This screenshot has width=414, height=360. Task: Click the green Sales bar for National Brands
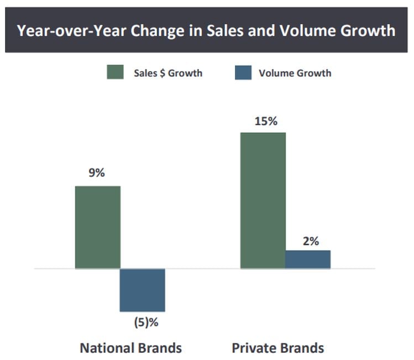[97, 227]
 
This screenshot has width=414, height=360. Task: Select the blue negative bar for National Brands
[143, 290]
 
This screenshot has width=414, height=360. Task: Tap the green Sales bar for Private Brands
[263, 200]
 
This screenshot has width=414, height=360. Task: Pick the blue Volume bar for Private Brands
[308, 259]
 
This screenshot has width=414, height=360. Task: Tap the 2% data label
[310, 241]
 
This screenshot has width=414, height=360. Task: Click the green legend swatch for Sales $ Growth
[115, 72]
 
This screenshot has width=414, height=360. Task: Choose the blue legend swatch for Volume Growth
[243, 72]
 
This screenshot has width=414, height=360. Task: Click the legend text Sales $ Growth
[167, 73]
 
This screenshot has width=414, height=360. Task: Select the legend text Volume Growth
[295, 73]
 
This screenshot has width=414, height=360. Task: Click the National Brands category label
[131, 348]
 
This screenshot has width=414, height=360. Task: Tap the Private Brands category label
[277, 348]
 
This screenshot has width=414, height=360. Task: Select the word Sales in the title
[207, 30]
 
